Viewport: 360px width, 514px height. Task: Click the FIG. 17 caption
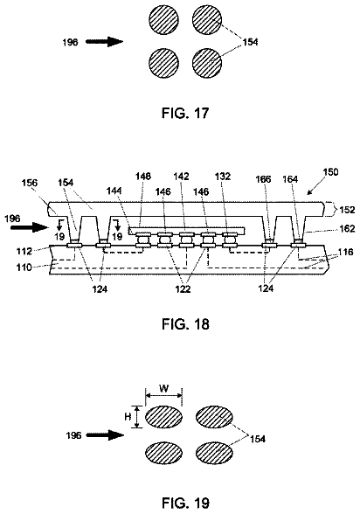(x=185, y=113)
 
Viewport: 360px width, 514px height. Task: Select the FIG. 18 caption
(x=185, y=323)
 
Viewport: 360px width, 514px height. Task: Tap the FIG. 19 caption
(x=185, y=502)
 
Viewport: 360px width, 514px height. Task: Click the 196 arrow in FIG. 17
(x=105, y=42)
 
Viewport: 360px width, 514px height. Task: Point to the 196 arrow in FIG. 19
(x=105, y=435)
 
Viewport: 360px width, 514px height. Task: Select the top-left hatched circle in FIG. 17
(x=163, y=19)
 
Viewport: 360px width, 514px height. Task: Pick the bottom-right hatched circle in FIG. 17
(x=207, y=63)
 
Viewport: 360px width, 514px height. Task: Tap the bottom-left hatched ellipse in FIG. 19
(x=163, y=453)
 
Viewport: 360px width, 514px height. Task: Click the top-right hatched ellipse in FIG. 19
(x=215, y=417)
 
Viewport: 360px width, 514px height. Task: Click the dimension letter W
(x=163, y=388)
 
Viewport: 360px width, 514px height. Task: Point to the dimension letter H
(x=128, y=417)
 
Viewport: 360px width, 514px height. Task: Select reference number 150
(x=330, y=172)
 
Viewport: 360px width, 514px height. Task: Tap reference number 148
(x=143, y=177)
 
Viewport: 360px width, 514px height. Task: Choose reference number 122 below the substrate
(x=183, y=288)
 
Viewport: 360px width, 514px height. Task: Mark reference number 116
(x=346, y=252)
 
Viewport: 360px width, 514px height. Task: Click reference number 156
(x=30, y=183)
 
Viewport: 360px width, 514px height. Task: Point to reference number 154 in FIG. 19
(x=258, y=439)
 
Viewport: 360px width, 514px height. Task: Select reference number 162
(x=348, y=228)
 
